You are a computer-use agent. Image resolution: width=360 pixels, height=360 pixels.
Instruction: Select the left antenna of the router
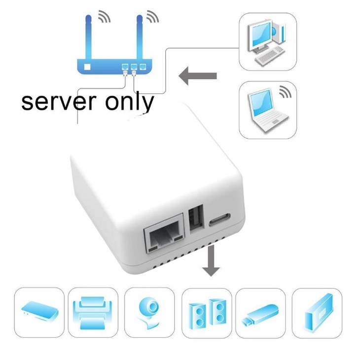coord(90,37)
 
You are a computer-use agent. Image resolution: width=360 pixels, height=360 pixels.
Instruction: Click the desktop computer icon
coord(267,42)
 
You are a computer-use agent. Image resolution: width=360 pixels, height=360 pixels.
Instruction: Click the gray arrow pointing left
coord(198,76)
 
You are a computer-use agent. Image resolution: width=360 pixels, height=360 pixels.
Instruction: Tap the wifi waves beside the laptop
coord(285,92)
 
